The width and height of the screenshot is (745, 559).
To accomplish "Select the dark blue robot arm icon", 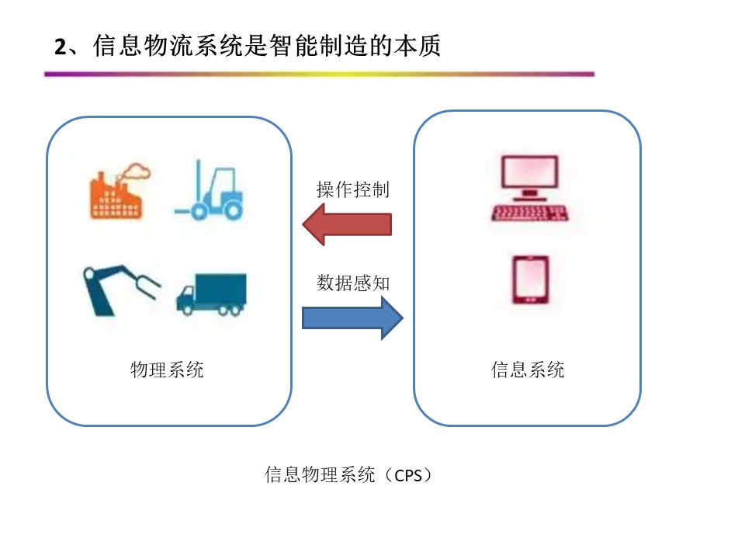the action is tap(121, 290).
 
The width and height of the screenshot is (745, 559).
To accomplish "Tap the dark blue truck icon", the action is tap(211, 294).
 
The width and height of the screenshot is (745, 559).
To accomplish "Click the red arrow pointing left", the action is tap(347, 224).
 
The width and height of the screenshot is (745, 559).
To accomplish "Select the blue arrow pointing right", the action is tap(352, 318).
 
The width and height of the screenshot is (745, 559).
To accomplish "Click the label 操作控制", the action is tap(353, 189).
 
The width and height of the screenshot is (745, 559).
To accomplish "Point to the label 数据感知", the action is tap(353, 283).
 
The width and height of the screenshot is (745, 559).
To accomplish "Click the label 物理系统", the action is tap(167, 370).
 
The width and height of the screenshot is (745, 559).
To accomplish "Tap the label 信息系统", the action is tap(528, 370).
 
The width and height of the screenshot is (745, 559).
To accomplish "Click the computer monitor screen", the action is tap(530, 172).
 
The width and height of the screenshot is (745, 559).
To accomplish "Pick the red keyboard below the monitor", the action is tap(530, 213).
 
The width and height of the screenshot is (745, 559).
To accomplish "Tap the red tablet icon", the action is tap(530, 279).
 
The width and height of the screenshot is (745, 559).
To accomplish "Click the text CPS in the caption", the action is tap(408, 475).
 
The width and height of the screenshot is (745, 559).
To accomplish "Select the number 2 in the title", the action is tap(60, 47).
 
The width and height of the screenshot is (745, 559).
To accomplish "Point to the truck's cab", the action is tap(185, 298).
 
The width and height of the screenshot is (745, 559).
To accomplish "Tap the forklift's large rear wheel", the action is tap(233, 210).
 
